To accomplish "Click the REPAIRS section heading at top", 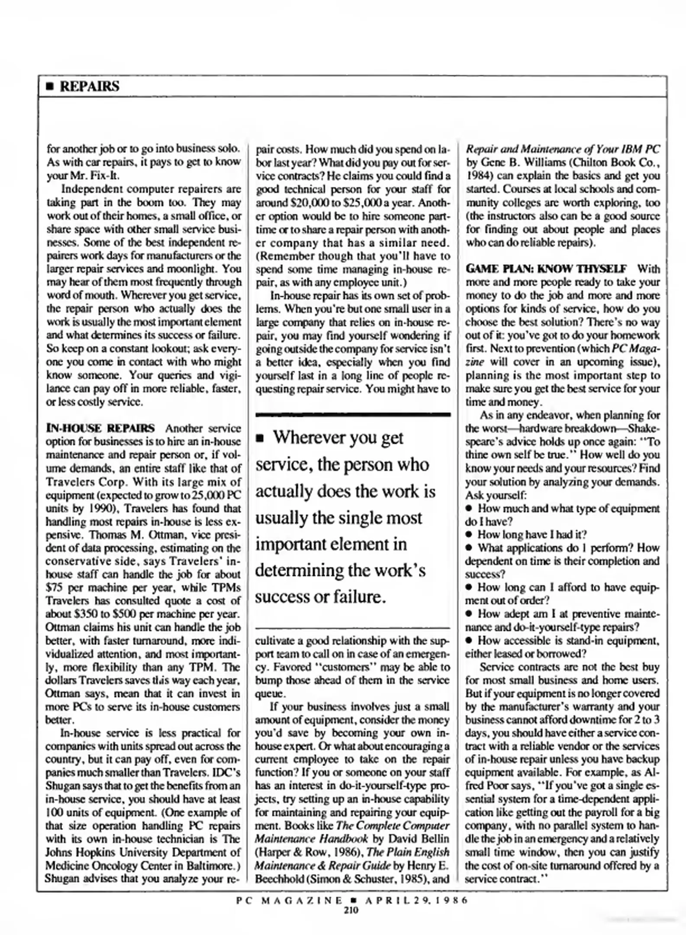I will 89,86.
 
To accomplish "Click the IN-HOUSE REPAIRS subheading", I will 100,428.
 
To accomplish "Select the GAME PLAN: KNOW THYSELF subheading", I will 546,269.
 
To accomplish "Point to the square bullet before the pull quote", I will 260,439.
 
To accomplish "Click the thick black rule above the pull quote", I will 353,415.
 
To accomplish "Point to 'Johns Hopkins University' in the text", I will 108,852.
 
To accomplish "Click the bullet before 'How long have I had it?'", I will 469,535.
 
